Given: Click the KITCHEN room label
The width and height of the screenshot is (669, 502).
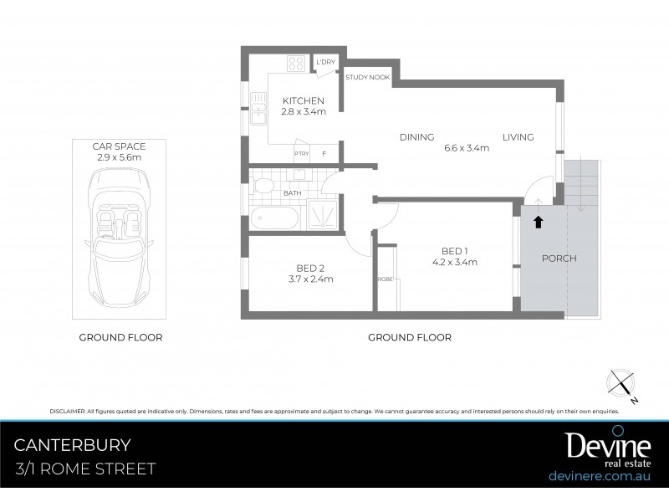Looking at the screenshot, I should point(302,100).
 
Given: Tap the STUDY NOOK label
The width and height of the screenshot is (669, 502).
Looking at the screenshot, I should point(367,77).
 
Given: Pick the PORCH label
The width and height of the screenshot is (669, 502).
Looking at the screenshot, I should point(559,259).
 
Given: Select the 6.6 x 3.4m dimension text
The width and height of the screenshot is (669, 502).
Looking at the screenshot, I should point(466,148).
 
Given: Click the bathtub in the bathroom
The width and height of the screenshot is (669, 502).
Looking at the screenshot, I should point(273,220).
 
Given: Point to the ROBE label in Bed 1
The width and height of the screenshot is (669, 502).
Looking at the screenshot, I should point(385,279).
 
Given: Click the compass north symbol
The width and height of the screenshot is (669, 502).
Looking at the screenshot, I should point(622,382).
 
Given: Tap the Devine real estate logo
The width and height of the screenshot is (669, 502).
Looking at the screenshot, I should point(595,448).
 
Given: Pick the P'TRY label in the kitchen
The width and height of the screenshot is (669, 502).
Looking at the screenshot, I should point(301,154).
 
